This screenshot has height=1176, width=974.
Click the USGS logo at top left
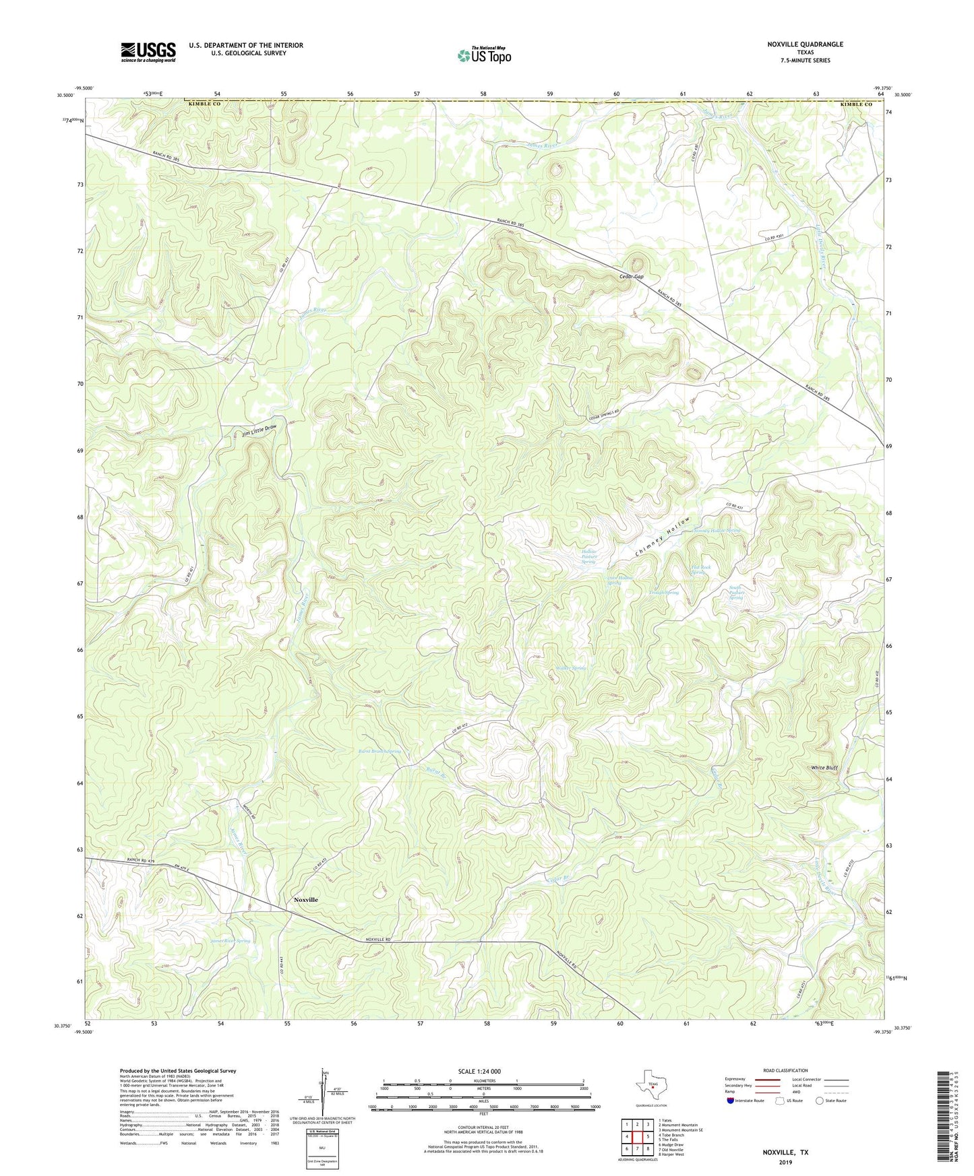point(148,52)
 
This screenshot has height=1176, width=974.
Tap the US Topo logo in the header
point(484,55)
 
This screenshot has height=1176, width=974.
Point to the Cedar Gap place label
point(632,277)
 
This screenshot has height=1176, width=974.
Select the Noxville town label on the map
point(305,899)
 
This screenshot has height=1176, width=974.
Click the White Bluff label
point(824,768)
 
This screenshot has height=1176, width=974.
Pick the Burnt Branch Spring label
point(379,750)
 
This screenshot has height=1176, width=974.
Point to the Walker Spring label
point(571,668)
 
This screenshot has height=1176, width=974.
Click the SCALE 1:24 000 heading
point(479,1071)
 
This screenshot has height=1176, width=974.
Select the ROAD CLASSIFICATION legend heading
point(785,1070)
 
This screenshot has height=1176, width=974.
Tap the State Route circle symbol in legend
point(819,1101)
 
